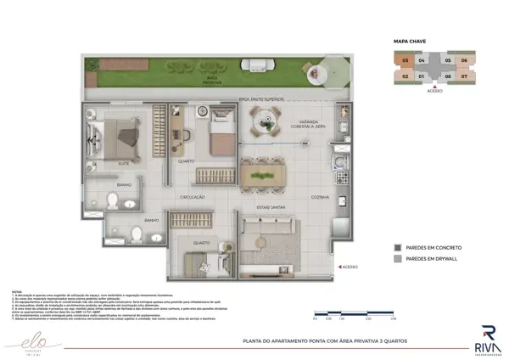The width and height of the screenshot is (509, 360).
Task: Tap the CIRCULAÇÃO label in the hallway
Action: point(193,197)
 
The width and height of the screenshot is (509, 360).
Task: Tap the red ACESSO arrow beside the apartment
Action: point(339,267)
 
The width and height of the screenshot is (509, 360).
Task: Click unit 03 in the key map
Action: point(406,61)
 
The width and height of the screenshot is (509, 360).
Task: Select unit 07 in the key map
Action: point(464,76)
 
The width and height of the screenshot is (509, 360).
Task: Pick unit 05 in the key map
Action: point(448,61)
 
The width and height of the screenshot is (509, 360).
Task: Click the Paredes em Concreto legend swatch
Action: point(398,248)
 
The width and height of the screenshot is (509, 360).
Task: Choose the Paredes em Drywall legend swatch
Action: point(398,259)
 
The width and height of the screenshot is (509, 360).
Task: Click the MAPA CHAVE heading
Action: point(409,41)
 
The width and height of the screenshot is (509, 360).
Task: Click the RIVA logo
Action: point(487,337)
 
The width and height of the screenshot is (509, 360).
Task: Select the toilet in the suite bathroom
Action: point(112,200)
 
